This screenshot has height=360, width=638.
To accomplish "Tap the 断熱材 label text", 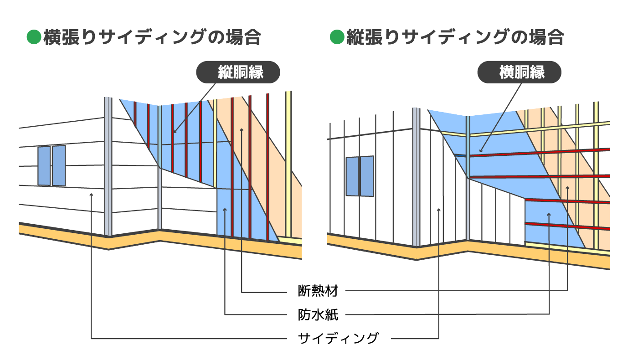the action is point(318,291).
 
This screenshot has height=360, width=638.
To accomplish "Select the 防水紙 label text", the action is point(318,315).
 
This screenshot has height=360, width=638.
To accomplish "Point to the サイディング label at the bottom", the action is point(338,338).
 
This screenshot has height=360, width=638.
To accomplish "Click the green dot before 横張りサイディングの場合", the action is point(34,37).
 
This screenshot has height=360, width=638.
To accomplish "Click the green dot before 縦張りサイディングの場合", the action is point(337,37).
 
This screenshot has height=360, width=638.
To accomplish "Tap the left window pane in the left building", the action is point(44,166).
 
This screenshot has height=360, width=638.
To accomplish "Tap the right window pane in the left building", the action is point(59,165).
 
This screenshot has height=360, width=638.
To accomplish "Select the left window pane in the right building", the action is point(352,176).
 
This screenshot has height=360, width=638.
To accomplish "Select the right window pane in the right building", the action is point(367,176).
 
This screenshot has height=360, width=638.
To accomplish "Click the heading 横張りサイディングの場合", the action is point(152,37).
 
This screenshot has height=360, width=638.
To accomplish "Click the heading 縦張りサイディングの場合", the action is point(455,37).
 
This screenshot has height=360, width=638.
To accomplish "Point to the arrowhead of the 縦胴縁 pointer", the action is point(175,132).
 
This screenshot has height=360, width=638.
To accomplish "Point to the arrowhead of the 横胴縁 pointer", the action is point(480,151).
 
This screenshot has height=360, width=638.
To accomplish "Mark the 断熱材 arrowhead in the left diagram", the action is point(242,129).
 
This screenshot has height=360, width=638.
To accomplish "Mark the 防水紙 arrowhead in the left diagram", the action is point(225,210).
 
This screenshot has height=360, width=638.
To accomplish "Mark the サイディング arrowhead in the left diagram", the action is point(91,195).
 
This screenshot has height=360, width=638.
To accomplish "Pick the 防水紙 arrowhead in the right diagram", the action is point(549,214).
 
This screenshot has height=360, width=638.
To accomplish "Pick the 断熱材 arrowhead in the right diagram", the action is point(567,188).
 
